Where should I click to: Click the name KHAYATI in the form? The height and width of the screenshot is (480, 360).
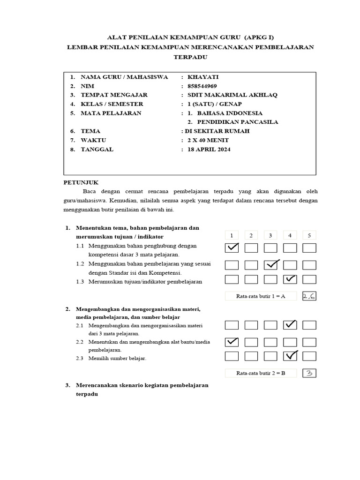[x=203, y=77]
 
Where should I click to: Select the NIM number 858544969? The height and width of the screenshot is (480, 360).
[x=202, y=86]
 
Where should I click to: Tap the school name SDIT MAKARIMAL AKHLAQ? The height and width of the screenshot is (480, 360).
[x=232, y=95]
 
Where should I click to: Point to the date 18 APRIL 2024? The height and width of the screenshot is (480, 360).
[x=209, y=150]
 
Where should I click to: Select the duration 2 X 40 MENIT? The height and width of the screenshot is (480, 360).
[x=209, y=140]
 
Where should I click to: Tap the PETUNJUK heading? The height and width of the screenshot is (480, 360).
[x=81, y=182]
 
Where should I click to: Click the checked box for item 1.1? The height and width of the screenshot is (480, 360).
[x=232, y=248]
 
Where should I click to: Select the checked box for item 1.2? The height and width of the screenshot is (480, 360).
[x=270, y=265]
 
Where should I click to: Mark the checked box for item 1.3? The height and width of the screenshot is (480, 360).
[x=290, y=279]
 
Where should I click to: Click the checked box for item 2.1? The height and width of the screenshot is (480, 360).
[x=290, y=325]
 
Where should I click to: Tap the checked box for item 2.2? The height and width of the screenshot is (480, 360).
[x=232, y=342]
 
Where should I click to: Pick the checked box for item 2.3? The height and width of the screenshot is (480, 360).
[x=290, y=356]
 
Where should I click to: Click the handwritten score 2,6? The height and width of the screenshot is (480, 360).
[x=309, y=296]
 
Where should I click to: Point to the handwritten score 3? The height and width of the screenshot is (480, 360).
[x=309, y=373]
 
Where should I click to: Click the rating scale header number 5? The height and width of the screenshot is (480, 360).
[x=309, y=235]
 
